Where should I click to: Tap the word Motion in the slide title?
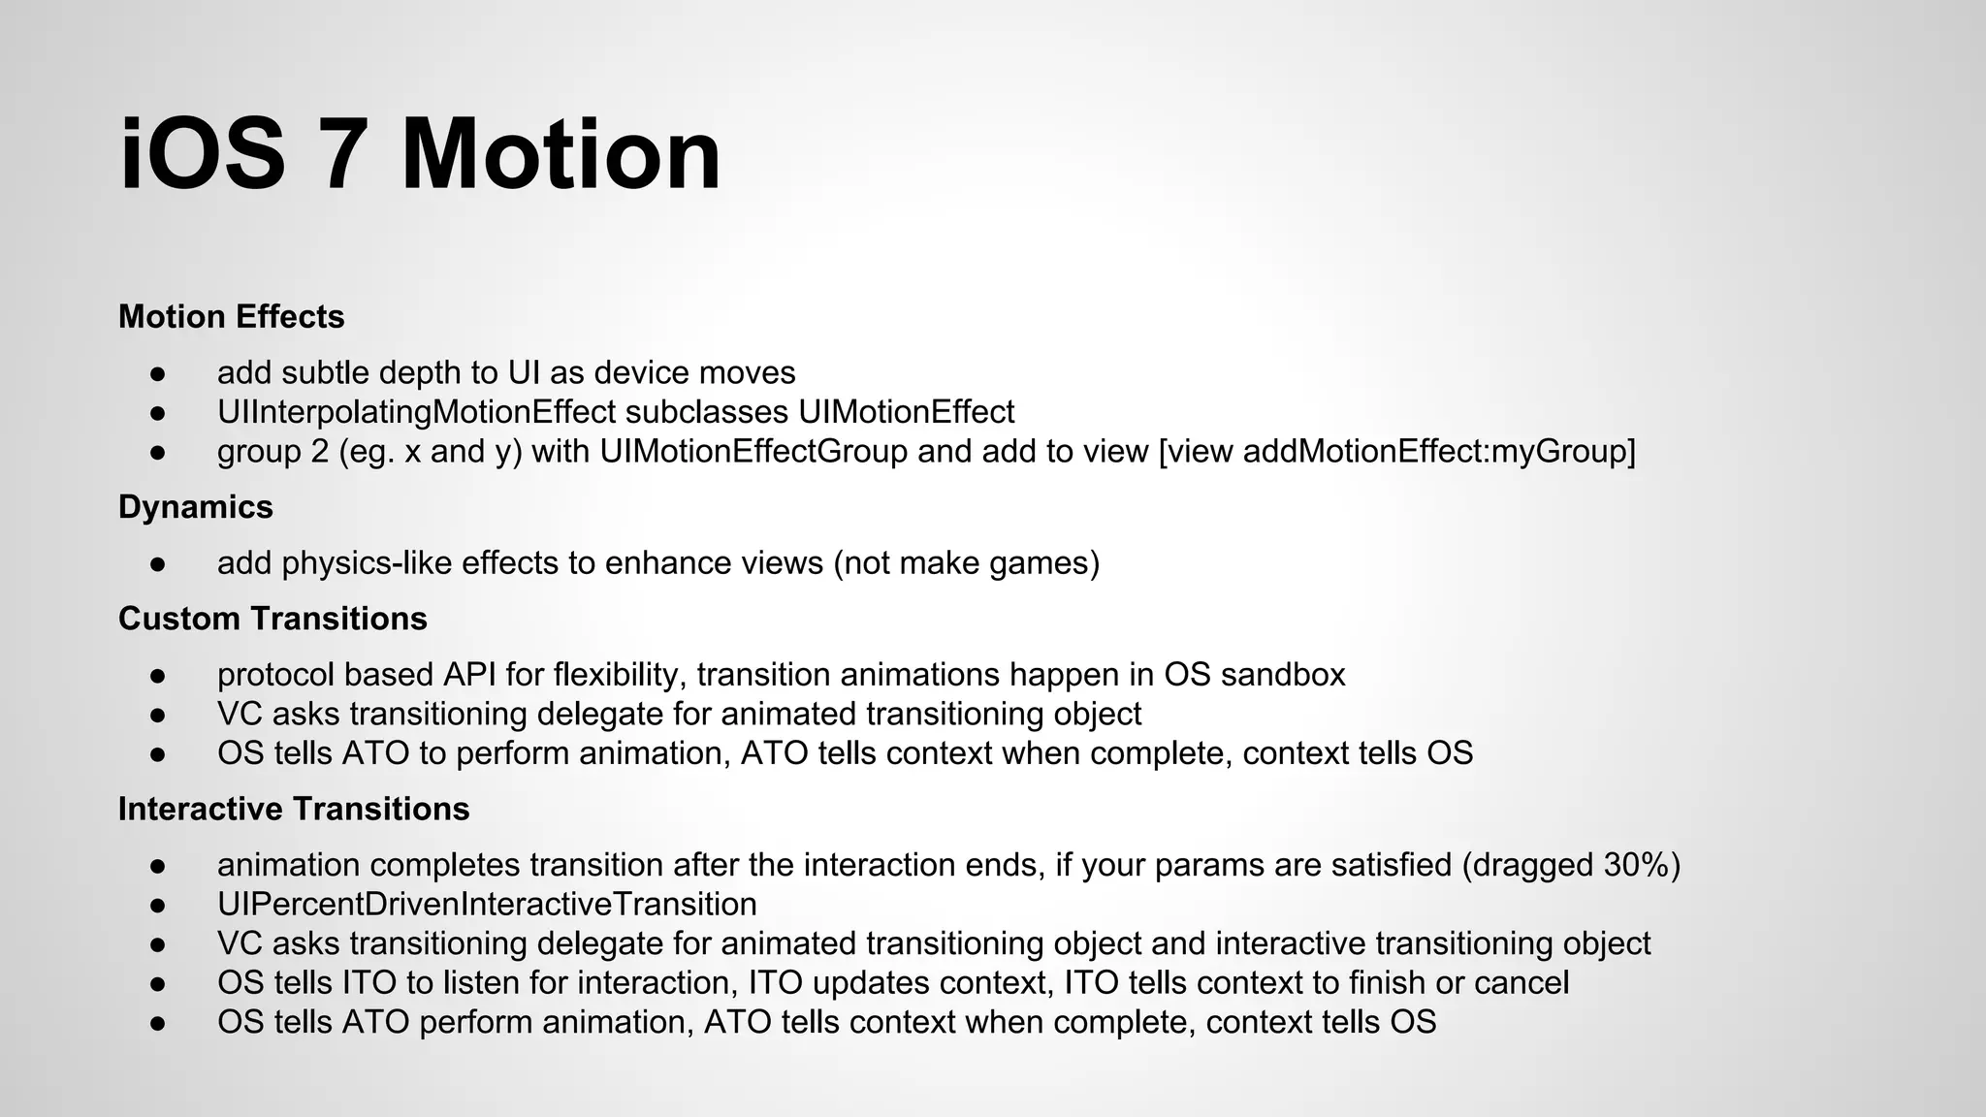[561, 155]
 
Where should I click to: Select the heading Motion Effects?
[231, 317]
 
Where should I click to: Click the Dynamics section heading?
[195, 507]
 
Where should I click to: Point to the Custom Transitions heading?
[272, 619]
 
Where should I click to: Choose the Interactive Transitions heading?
[293, 809]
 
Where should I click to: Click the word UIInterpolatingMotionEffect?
[416, 412]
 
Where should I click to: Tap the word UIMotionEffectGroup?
[753, 452]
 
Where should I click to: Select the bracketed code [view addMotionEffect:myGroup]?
[1396, 452]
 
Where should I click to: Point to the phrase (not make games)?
[966, 563]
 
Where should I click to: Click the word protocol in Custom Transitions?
[276, 675]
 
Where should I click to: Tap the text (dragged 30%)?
[1570, 865]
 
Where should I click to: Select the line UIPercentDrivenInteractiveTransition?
[487, 905]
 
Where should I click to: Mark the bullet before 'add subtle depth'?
[159, 373]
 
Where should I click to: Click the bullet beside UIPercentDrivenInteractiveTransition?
[159, 905]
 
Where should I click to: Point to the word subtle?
[323, 373]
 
